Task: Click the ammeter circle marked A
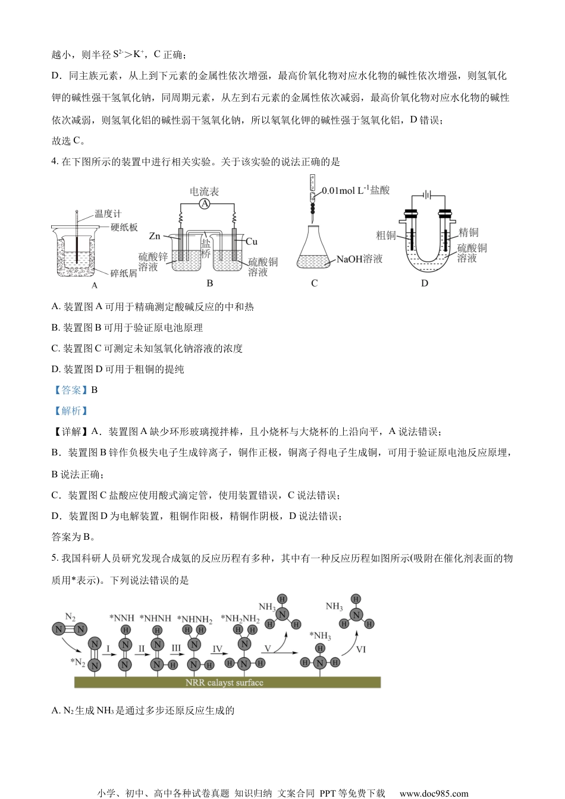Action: (205, 204)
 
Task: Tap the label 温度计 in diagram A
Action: (108, 213)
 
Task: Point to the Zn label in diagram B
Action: (155, 236)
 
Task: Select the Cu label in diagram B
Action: (251, 241)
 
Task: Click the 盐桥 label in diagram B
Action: (206, 248)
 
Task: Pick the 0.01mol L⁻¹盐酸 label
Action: (356, 190)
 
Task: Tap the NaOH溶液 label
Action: (359, 259)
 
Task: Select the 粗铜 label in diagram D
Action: (386, 235)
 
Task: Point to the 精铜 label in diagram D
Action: (469, 232)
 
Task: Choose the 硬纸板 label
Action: (124, 227)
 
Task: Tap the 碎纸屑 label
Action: (124, 273)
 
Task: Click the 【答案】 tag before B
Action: (70, 390)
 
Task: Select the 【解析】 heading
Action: (70, 411)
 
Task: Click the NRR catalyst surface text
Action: (224, 682)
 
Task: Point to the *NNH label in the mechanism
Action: (122, 618)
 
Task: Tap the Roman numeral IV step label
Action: (217, 649)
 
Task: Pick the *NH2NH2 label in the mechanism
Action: (240, 619)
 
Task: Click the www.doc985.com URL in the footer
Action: (434, 793)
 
